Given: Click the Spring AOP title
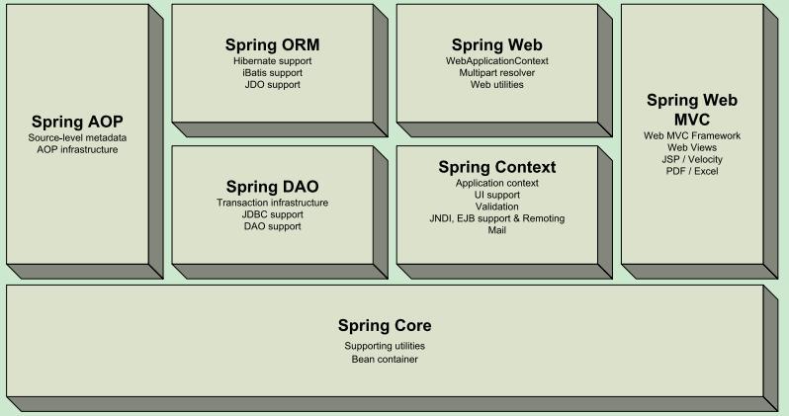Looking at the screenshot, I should click(x=77, y=121).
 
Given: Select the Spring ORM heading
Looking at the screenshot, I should click(x=272, y=45).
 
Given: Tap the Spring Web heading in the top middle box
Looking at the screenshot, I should click(x=496, y=45).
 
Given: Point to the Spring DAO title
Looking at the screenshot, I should click(x=272, y=186).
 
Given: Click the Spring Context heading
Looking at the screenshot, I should click(x=497, y=167).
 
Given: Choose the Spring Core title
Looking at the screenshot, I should click(x=385, y=325).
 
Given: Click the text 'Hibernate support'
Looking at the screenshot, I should click(x=272, y=61).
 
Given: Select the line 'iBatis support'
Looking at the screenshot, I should click(x=272, y=73).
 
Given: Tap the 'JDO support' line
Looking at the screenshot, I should click(x=272, y=85).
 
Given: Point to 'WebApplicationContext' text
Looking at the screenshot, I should click(x=497, y=61).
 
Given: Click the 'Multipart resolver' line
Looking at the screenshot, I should click(x=497, y=73).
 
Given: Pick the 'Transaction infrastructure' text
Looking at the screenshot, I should click(x=272, y=203).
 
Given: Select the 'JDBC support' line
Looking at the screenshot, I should click(x=272, y=214).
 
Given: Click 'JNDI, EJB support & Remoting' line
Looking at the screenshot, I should click(x=497, y=218).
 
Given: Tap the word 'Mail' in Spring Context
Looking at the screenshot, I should click(x=497, y=230).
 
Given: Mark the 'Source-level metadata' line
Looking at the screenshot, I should click(x=77, y=137).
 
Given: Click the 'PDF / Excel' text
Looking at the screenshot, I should click(x=692, y=171).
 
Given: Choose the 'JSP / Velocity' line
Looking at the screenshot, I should click(x=692, y=159).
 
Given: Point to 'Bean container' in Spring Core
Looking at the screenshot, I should click(x=385, y=359).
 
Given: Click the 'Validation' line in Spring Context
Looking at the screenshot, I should click(x=497, y=207).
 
